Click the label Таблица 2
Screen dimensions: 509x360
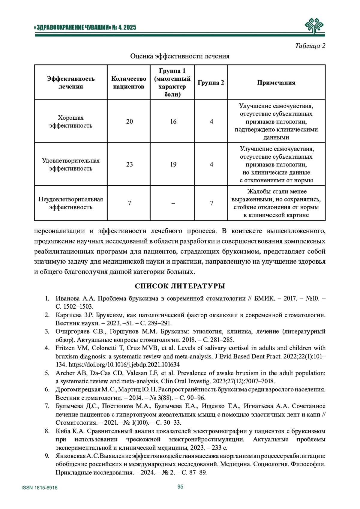310,46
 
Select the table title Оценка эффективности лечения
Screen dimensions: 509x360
180,56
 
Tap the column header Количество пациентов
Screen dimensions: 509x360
129,82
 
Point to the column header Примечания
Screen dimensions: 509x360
276,82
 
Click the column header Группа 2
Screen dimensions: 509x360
211,82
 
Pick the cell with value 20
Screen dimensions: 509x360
129,121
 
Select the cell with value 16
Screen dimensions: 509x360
173,121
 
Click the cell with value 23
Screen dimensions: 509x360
129,164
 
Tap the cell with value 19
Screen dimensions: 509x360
173,164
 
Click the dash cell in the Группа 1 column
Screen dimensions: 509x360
173,203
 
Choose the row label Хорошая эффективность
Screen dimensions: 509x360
71,121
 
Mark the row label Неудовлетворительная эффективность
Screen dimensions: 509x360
71,203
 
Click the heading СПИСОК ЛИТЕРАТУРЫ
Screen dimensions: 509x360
180,286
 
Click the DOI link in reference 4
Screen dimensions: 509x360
124,365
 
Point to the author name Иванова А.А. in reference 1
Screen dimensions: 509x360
75,298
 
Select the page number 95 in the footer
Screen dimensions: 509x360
180,487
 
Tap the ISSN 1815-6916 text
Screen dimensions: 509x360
40,488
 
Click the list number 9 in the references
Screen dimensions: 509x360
47,456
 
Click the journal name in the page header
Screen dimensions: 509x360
85,28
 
